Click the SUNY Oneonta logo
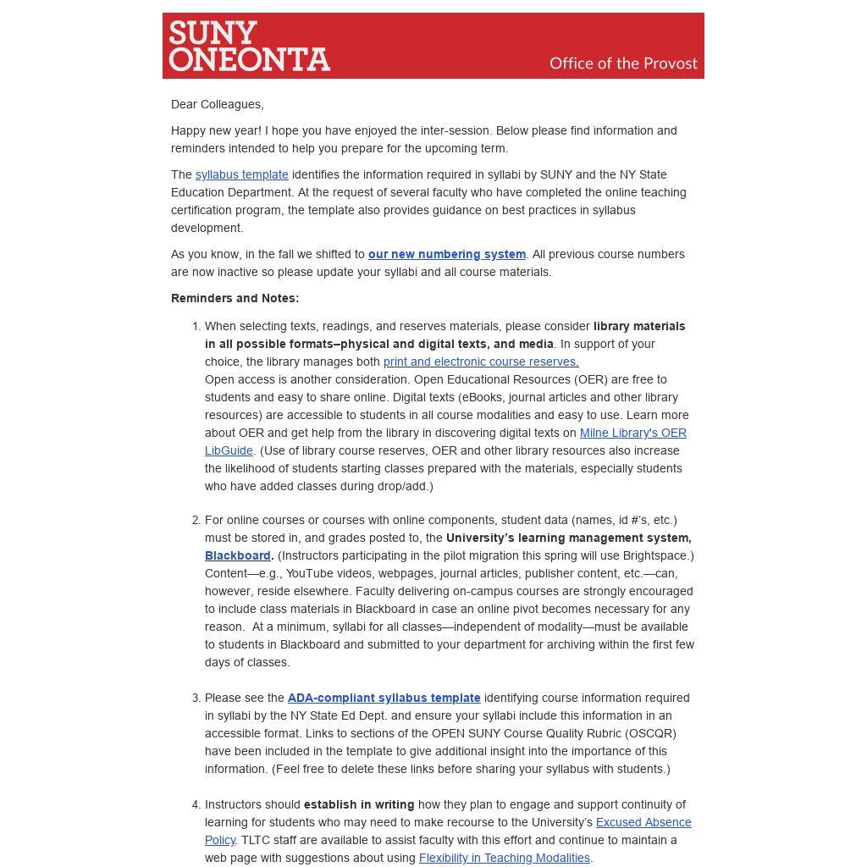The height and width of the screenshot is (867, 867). pyautogui.click(x=249, y=46)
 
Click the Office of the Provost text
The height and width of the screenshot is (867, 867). pyautogui.click(x=623, y=64)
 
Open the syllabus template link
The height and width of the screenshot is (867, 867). pyautogui.click(x=241, y=175)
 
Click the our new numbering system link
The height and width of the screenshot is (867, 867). pyautogui.click(x=446, y=255)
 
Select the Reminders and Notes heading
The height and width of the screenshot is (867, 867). pyautogui.click(x=235, y=299)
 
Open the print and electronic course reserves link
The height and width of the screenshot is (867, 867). pyautogui.click(x=480, y=362)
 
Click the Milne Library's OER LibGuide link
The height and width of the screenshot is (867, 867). pyautogui.click(x=632, y=433)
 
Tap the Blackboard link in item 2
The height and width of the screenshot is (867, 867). pyautogui.click(x=237, y=556)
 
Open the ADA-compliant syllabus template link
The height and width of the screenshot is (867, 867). pyautogui.click(x=384, y=699)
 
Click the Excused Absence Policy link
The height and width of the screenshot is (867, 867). pyautogui.click(x=643, y=823)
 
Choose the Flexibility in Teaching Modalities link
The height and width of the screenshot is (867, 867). pyautogui.click(x=504, y=859)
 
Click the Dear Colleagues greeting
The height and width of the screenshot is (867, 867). pyautogui.click(x=217, y=105)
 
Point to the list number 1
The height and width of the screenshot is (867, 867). pyautogui.click(x=196, y=327)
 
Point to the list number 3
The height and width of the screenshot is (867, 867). pyautogui.click(x=196, y=699)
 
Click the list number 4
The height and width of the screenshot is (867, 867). pyautogui.click(x=196, y=805)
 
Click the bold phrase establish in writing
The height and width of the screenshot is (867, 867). pyautogui.click(x=359, y=805)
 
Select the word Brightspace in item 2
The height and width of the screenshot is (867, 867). pyautogui.click(x=656, y=556)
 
